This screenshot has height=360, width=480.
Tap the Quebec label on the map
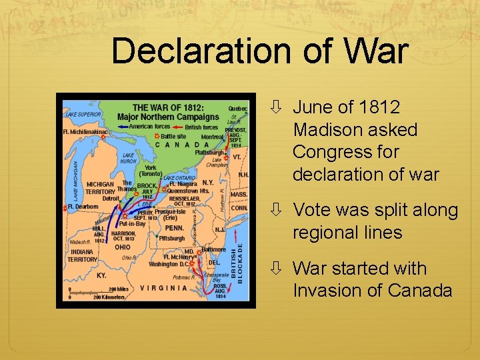coord(238,109)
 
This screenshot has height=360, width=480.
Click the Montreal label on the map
coord(213,137)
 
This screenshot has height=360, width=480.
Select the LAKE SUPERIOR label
coord(83,115)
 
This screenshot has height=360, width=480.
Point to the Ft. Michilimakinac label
coord(85,132)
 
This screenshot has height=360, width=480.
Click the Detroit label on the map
coord(111,198)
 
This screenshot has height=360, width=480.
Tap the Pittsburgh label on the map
coord(172,238)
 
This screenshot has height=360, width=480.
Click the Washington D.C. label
coord(167,264)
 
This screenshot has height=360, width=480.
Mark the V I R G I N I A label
coord(163,288)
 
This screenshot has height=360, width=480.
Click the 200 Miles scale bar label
coord(118,289)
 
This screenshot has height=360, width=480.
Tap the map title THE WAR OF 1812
coord(168,108)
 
